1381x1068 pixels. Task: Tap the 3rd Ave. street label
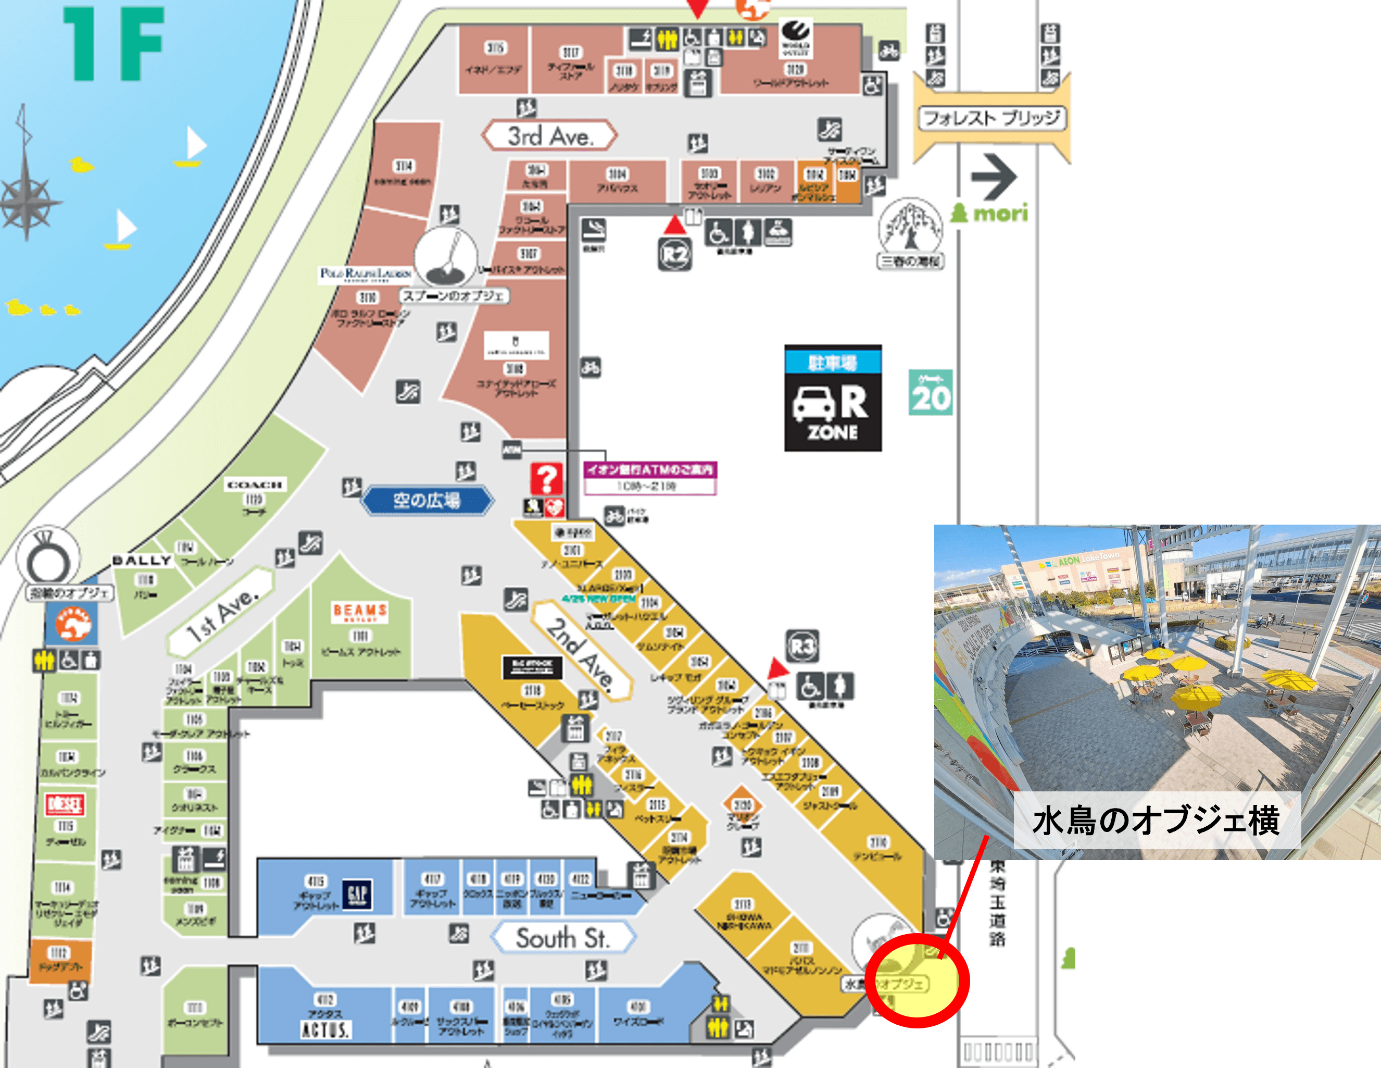[x=549, y=135]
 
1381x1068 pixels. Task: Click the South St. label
[x=562, y=938]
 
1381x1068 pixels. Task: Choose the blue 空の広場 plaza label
[x=427, y=501]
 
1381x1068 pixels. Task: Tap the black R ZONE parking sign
[x=833, y=399]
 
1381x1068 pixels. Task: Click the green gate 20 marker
[x=931, y=393]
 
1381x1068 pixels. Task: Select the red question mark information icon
[x=546, y=479]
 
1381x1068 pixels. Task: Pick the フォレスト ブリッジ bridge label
[x=991, y=118]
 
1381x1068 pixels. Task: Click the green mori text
[x=991, y=213]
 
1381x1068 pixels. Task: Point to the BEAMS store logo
[x=360, y=612]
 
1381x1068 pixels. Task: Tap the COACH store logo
[x=254, y=485]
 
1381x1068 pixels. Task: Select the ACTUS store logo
[x=325, y=1029]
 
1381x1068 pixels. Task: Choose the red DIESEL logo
[x=65, y=804]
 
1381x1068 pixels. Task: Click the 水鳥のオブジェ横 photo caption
[x=1156, y=820]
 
